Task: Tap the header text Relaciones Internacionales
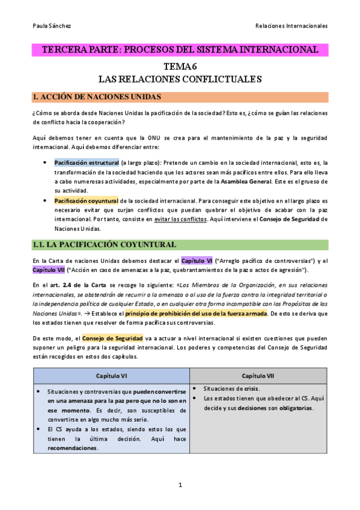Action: [291, 26]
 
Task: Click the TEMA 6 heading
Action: [180, 67]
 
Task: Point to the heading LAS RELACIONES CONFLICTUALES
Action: [180, 79]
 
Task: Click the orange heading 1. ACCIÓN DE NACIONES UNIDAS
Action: [97, 97]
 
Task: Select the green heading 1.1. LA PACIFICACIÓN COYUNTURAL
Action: [105, 245]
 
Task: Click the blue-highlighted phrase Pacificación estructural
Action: [86, 162]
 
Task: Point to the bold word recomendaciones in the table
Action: [73, 448]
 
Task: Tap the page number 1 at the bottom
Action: [180, 485]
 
